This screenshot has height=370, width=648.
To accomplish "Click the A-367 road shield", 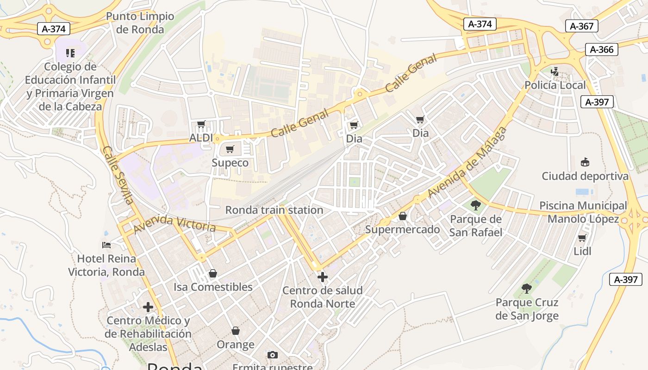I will tap(582, 26).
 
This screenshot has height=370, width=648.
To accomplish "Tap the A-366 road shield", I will tap(602, 49).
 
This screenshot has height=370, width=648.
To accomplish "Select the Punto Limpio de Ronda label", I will tap(140, 23).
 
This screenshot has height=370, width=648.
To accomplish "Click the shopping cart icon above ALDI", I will tap(201, 124).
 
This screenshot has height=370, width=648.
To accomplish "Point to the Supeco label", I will tap(230, 163).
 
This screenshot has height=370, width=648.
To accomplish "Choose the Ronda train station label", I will tap(274, 210).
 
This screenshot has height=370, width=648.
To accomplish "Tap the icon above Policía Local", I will tap(555, 72).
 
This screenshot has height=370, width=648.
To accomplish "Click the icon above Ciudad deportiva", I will tap(585, 162).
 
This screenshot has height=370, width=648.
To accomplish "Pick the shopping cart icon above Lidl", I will tap(582, 238).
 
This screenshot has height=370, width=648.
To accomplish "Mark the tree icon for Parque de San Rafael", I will tap(475, 205).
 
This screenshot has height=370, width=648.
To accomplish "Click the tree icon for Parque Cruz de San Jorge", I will tap(527, 289).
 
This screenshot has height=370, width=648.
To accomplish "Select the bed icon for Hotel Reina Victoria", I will tap(106, 245).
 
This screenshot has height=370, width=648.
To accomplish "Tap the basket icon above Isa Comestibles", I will tap(213, 273).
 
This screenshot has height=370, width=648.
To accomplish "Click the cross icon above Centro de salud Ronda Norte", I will tap(323, 277).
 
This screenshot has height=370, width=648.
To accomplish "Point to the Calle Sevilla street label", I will tap(118, 175).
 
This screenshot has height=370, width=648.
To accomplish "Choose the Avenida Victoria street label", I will tap(174, 224).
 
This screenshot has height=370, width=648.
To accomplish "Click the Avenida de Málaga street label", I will tap(467, 162).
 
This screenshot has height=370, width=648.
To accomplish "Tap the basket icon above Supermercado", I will tap(403, 216).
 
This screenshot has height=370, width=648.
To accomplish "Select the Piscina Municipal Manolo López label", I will tap(583, 212).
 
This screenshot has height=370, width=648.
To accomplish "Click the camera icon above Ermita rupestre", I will tap(273, 355).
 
